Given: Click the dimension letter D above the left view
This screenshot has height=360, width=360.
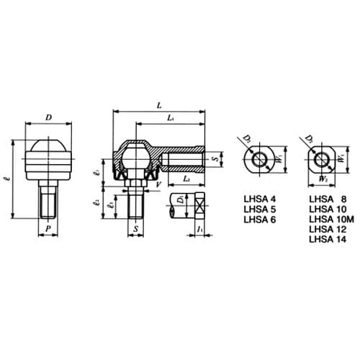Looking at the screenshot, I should coord(49,117).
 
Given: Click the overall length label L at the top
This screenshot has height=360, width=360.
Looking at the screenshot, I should coord(158,107).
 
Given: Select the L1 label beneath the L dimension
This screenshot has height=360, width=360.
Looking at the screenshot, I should coord(169,117).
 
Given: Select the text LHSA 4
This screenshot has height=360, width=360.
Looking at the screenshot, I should coord(260,198).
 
